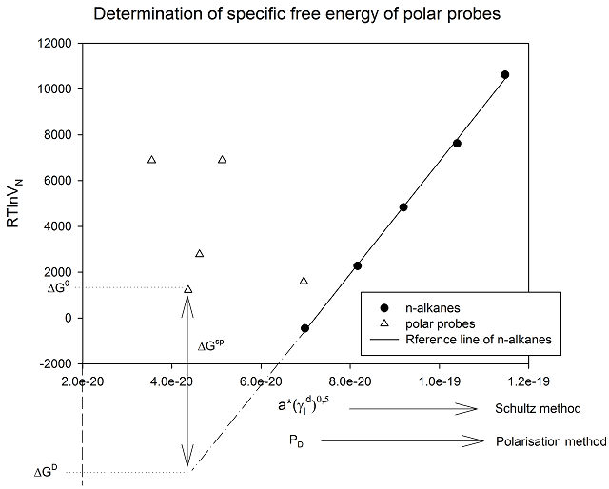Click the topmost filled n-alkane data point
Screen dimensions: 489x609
click(505, 74)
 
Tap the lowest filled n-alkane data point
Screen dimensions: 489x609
click(304, 328)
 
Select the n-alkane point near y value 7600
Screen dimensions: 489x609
click(457, 143)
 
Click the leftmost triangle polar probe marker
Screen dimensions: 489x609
click(151, 159)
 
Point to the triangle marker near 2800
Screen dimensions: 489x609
click(199, 253)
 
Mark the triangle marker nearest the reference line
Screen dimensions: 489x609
click(304, 281)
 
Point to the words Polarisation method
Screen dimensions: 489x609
click(551, 441)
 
